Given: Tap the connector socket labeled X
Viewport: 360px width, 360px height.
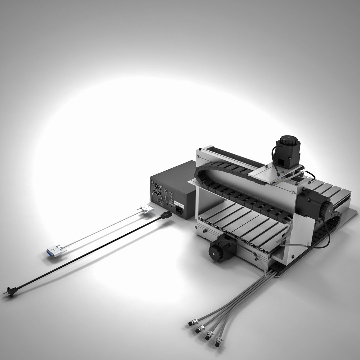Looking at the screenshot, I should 166,191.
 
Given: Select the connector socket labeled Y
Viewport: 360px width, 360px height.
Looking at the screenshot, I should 171,193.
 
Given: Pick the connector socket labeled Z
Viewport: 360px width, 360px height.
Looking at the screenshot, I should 165,198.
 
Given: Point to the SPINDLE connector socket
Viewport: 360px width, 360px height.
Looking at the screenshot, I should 171,201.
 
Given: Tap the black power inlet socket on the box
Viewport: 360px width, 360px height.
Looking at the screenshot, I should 179,210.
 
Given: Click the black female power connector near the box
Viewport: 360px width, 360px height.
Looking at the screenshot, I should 166,216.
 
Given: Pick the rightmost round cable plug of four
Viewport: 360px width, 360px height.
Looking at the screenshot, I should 218,342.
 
